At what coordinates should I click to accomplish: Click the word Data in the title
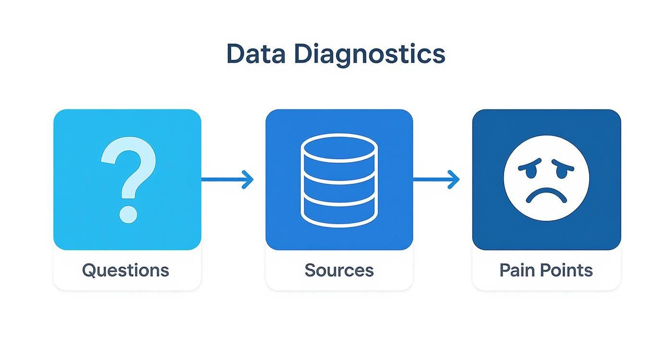tap(255, 54)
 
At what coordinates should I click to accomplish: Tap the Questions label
tap(125, 270)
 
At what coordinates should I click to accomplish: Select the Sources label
tap(339, 270)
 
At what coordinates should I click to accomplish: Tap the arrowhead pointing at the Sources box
tap(248, 180)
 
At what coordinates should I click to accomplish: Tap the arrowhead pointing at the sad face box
tap(454, 180)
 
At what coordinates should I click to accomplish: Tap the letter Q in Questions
tap(89, 270)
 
